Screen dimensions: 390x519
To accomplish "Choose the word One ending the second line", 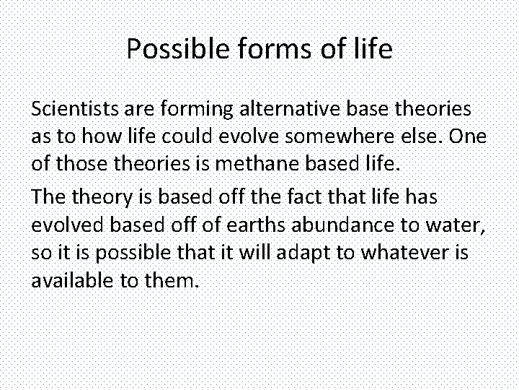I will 469,137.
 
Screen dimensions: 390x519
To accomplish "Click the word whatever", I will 402,253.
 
